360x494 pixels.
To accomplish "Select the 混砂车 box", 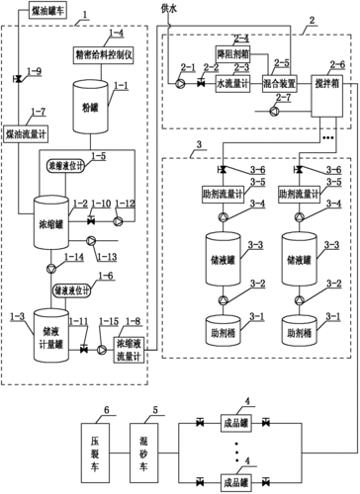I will [151, 433].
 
